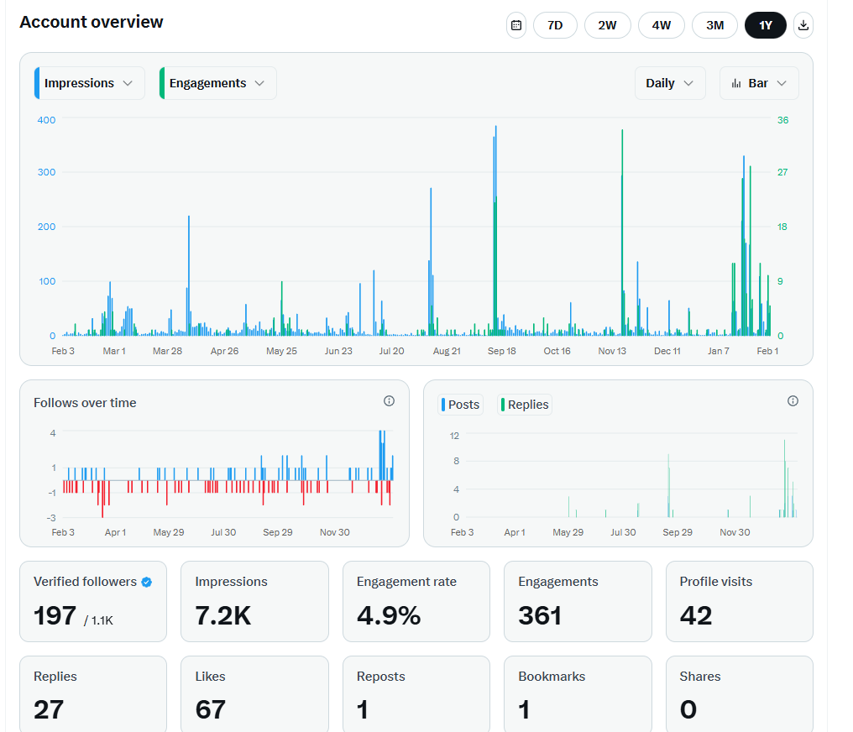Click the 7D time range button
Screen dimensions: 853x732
point(555,25)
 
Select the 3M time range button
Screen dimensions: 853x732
point(714,25)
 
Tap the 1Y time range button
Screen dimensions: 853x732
point(766,25)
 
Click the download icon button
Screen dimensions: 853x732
point(803,25)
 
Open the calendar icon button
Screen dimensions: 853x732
point(516,25)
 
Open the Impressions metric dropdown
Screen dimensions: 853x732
point(89,83)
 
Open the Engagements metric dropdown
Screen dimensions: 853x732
point(217,83)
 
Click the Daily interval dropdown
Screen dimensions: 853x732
point(670,83)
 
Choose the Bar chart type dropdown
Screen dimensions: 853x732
point(759,83)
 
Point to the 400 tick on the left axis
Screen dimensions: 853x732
point(46,120)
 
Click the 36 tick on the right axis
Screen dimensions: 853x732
point(782,120)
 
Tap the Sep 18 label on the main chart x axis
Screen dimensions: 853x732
point(501,352)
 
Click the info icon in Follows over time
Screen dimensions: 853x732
point(389,400)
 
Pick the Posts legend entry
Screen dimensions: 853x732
point(460,405)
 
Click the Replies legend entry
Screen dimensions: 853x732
point(525,405)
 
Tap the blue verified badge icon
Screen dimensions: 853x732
point(146,583)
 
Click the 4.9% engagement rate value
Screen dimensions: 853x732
point(389,615)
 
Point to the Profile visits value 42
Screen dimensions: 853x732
point(696,615)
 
